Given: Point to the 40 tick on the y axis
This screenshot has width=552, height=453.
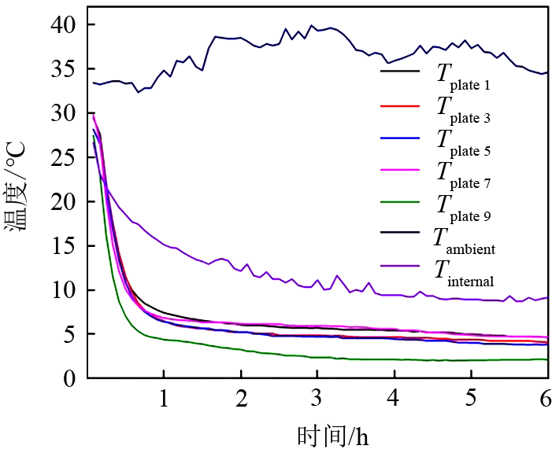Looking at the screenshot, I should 68,25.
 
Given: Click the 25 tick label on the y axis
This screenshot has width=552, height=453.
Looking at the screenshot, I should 68,158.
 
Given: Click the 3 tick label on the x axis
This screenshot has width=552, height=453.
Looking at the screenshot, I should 317,398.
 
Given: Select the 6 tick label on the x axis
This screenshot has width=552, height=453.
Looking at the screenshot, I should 547,398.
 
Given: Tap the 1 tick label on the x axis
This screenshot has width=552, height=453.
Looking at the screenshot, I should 163,398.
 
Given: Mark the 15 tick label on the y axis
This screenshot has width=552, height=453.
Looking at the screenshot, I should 68,247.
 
